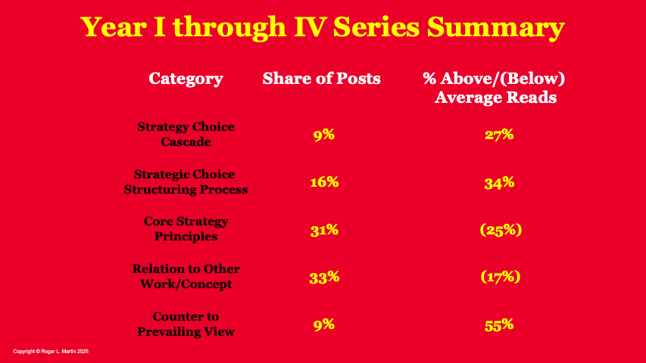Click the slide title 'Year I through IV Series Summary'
(322, 27)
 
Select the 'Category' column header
(186, 79)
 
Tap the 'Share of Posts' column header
(321, 78)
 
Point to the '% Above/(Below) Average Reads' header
(494, 88)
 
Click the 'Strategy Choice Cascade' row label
(186, 134)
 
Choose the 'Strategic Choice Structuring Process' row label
(186, 182)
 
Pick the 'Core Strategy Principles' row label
(186, 229)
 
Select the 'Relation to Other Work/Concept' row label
(186, 276)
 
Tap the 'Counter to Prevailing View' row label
(186, 324)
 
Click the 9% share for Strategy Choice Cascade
(324, 135)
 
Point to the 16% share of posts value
(324, 182)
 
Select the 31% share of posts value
(324, 230)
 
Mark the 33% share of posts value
(324, 278)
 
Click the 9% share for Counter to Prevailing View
(324, 324)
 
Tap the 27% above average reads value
(499, 135)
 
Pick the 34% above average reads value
(499, 182)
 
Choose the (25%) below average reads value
(501, 230)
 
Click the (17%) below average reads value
(501, 277)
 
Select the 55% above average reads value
(499, 325)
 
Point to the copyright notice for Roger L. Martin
(51, 352)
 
